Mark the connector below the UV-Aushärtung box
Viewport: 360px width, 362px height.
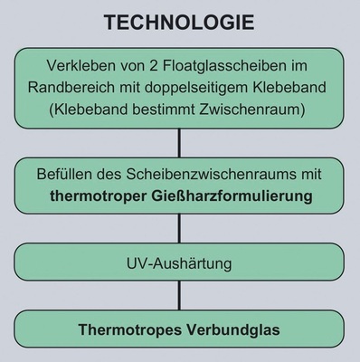[179, 299]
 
